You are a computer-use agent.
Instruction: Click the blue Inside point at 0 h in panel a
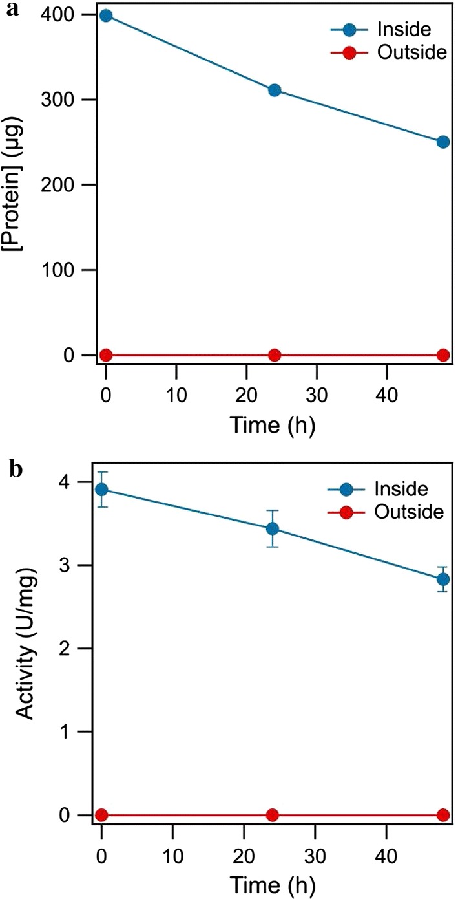pyautogui.click(x=106, y=16)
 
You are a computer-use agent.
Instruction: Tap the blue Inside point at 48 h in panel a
pyautogui.click(x=443, y=142)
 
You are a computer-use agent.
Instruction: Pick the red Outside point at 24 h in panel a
pyautogui.click(x=275, y=355)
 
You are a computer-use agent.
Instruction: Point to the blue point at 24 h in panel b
pyautogui.click(x=273, y=528)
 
